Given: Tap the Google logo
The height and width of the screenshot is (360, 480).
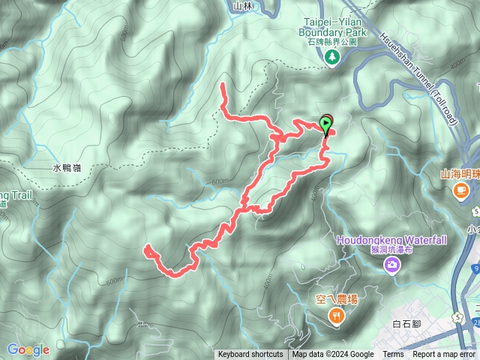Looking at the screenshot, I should click(28, 349).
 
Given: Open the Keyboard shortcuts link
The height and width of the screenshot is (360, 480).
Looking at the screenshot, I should click(250, 355).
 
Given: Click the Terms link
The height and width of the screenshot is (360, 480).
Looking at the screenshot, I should click(393, 355).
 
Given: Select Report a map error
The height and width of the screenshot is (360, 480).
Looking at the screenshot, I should click(444, 355).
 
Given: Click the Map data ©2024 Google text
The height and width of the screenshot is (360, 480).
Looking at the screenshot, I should click(333, 355).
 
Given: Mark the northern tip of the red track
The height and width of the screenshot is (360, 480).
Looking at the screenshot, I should click(223, 87).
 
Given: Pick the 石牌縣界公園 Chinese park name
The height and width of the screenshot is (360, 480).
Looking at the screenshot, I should click(331, 43).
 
